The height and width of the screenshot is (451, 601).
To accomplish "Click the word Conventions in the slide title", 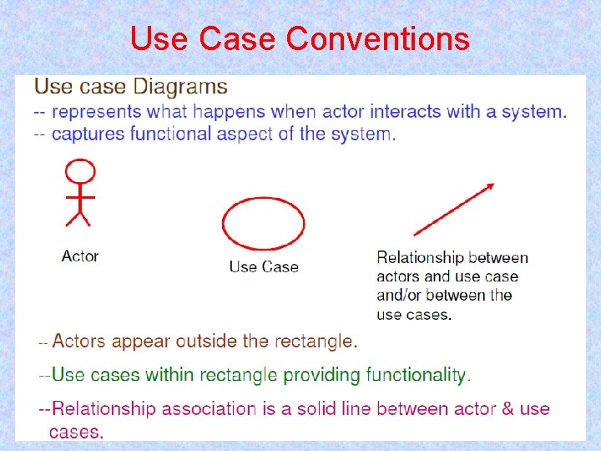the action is point(377,38).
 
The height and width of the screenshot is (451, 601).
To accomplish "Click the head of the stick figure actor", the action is point(80,173).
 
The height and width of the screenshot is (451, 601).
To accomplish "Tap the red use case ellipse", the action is point(263,221).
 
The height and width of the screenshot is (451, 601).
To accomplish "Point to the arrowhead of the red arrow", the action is point(489,186).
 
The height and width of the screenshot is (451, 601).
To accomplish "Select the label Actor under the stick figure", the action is point(80,256).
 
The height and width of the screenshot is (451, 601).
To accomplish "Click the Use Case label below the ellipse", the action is point(264,267).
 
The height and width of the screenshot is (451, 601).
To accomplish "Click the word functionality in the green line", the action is point(417,375).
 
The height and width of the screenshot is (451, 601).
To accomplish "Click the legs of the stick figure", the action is point(78,217).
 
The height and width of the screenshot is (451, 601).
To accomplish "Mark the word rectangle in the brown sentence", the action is point(315,342).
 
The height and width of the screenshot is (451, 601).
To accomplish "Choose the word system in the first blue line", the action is point(535,111).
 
